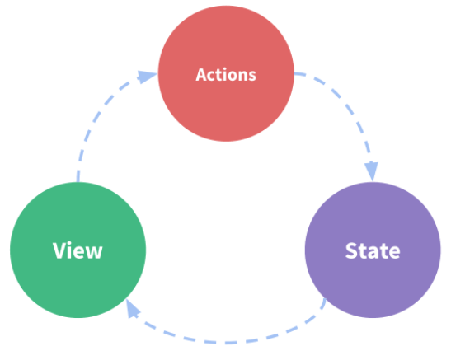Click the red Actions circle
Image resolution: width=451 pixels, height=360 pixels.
[x=226, y=73]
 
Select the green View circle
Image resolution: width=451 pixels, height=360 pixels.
[x=78, y=250]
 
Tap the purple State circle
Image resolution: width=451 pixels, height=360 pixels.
[x=373, y=250]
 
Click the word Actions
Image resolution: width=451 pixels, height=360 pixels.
[x=226, y=75]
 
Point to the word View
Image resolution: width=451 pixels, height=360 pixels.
[x=78, y=250]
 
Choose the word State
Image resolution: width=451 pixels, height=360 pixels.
[x=373, y=250]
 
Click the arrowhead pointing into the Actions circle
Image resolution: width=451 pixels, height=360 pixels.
[x=147, y=77]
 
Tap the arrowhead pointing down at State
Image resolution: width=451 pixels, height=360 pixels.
[x=372, y=171]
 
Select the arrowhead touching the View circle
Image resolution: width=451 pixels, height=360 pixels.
[x=132, y=308]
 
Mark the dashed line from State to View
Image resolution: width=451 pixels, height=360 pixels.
[x=228, y=343]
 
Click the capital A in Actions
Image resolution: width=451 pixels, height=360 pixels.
[x=201, y=75]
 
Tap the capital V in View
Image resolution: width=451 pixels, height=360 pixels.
[x=59, y=250]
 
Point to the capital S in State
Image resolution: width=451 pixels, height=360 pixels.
[x=351, y=250]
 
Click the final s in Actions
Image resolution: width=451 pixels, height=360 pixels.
[x=252, y=77]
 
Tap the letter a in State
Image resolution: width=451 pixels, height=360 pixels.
[x=373, y=253]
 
